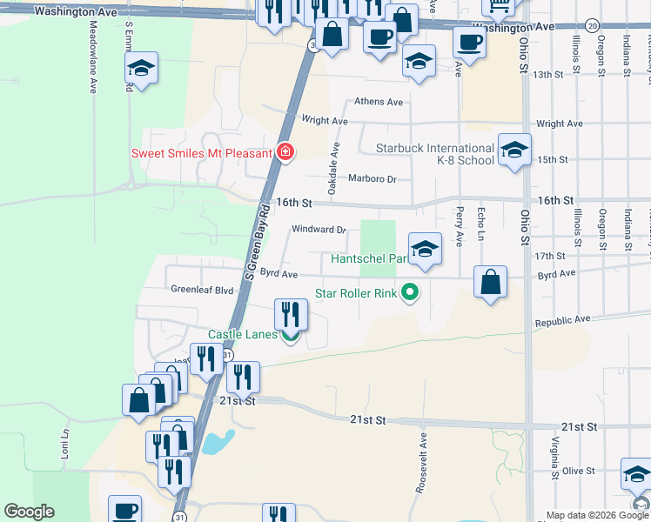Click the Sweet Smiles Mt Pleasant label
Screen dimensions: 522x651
tap(202, 153)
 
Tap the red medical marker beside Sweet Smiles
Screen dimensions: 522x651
tap(285, 152)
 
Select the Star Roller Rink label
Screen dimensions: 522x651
tap(355, 293)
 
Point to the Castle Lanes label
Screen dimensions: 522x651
tap(242, 335)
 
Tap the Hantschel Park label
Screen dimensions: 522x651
tap(369, 258)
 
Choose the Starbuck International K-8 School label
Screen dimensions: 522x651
tap(434, 154)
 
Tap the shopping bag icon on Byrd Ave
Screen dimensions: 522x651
tap(491, 281)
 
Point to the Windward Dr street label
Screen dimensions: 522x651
tap(319, 230)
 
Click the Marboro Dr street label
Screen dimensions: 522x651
tap(372, 179)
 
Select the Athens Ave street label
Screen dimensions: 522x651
tap(379, 102)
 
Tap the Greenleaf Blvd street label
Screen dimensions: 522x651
tap(202, 289)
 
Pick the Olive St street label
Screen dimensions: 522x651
tap(577, 471)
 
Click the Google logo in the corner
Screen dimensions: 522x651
tap(29, 512)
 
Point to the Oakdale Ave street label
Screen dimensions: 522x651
tap(333, 157)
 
